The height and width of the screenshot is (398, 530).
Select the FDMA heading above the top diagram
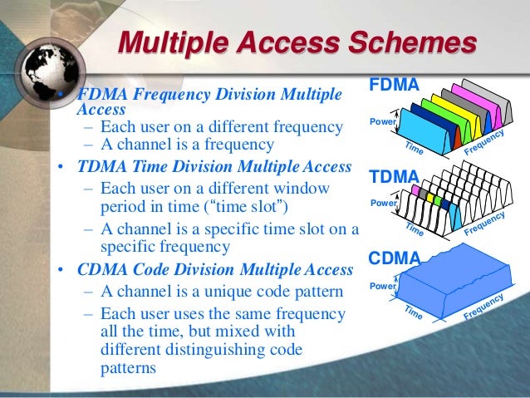[x=394, y=86]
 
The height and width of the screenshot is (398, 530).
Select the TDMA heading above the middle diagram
[x=394, y=176]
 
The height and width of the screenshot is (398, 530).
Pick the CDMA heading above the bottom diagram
[x=394, y=258]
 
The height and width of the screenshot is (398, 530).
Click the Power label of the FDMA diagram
[x=383, y=122]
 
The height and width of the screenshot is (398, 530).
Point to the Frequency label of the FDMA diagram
[x=485, y=143]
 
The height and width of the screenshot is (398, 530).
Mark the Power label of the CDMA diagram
[x=383, y=287]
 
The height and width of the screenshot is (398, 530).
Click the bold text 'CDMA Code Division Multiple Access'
[x=215, y=270]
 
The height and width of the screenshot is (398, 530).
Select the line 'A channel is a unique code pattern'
[x=208, y=292]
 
